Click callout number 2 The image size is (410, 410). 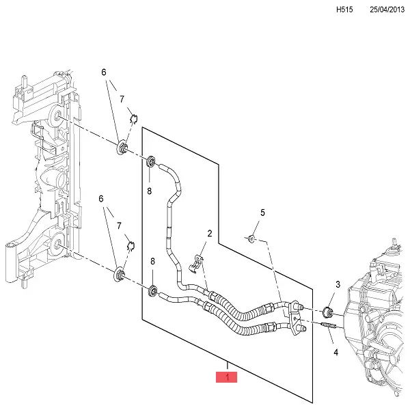coord(209,234)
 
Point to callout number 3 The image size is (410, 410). coord(337,284)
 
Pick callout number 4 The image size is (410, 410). coord(336,353)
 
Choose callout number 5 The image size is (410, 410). coord(262,214)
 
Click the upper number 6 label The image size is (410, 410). coord(105,72)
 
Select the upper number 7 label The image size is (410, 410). coord(122,100)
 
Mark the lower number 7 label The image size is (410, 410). coord(119,225)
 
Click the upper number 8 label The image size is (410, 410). coord(149,192)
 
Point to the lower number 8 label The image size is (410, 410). coord(152,262)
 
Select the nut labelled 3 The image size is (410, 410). coord(327,313)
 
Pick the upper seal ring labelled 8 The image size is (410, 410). coord(151,162)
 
